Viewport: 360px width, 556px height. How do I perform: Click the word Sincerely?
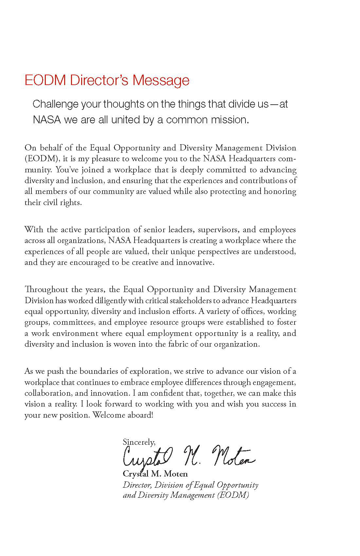coord(139,442)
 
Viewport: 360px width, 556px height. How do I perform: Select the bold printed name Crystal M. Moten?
coord(155,474)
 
